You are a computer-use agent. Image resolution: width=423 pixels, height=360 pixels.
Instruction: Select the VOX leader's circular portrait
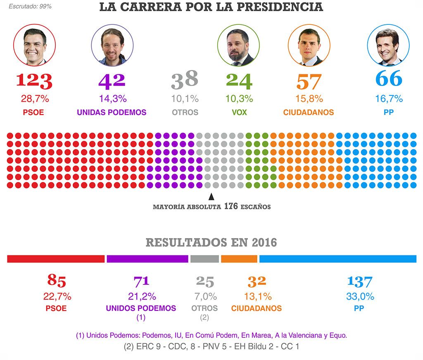pyautogui.click(x=238, y=45)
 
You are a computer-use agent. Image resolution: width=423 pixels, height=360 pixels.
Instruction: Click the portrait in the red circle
pyautogui.click(x=34, y=45)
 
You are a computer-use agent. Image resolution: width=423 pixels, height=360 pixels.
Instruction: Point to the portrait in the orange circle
pyautogui.click(x=309, y=45)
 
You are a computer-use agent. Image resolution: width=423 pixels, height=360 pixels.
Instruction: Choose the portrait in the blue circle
pyautogui.click(x=388, y=45)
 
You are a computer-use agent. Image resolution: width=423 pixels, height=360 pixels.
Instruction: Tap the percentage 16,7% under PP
pyautogui.click(x=388, y=99)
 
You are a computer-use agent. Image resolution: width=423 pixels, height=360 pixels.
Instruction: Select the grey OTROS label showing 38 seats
pyautogui.click(x=185, y=112)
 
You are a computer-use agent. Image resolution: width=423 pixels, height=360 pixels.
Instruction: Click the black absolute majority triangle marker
pyautogui.click(x=211, y=197)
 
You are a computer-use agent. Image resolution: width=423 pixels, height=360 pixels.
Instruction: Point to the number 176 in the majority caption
pyautogui.click(x=231, y=206)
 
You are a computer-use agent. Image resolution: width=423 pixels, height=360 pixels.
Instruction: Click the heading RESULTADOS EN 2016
pyautogui.click(x=211, y=242)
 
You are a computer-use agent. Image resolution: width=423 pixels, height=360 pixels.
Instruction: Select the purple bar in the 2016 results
pyautogui.click(x=147, y=259)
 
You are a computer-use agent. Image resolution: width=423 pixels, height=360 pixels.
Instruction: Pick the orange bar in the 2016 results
pyautogui.click(x=239, y=259)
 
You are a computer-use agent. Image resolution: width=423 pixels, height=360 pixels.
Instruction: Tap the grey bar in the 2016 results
pyautogui.click(x=204, y=259)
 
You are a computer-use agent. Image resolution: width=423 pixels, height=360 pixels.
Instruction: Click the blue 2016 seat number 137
pyautogui.click(x=359, y=282)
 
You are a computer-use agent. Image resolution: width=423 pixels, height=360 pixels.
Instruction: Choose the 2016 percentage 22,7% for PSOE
pyautogui.click(x=57, y=296)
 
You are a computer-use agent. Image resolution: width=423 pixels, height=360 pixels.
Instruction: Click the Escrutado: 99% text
pyautogui.click(x=30, y=7)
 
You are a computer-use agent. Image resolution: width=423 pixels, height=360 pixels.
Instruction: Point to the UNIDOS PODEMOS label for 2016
pyautogui.click(x=141, y=308)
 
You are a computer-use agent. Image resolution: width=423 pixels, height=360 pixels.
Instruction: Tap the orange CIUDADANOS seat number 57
pyautogui.click(x=309, y=81)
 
